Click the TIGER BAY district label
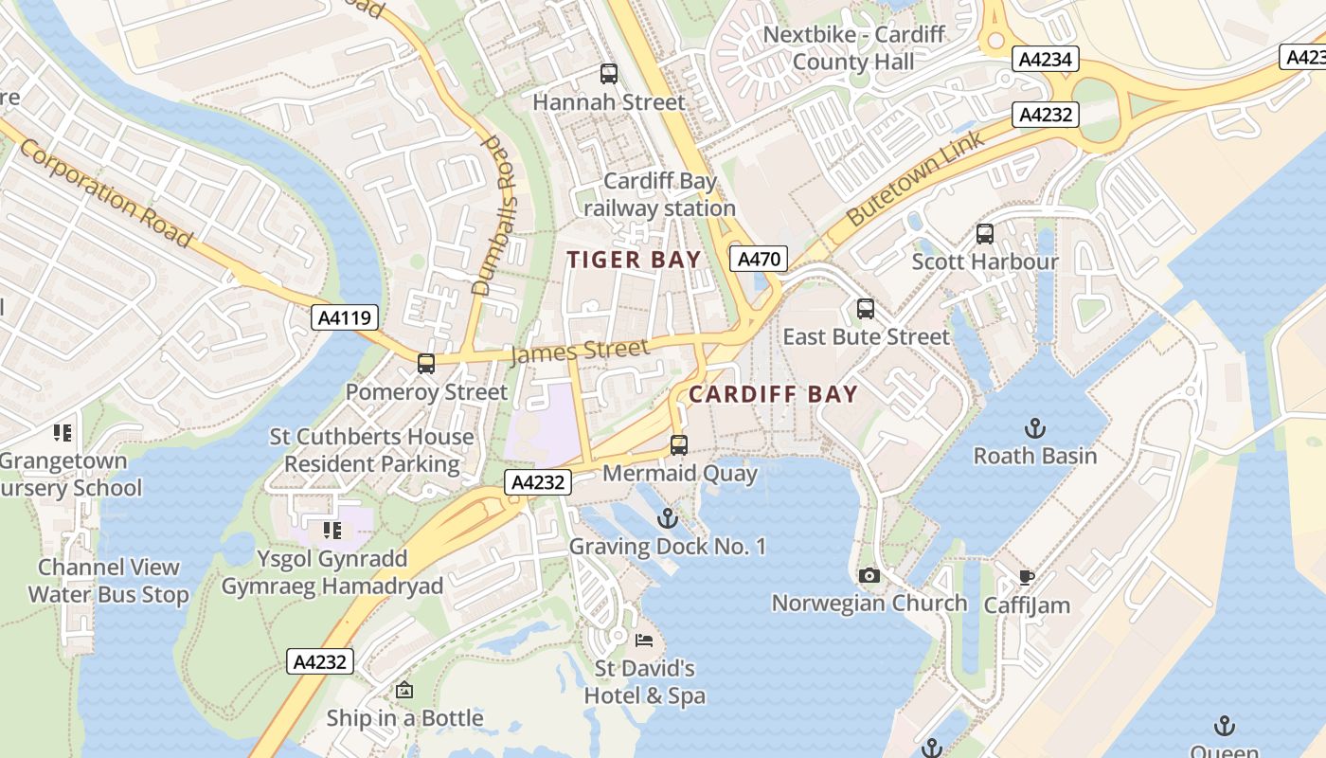634,260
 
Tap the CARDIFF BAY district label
773,394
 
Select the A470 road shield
758,259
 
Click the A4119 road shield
346,317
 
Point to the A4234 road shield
1046,59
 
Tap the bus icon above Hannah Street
609,74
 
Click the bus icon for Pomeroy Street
426,364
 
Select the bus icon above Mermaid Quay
679,445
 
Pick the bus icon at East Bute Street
866,309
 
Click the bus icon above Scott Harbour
985,234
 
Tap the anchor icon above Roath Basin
1035,428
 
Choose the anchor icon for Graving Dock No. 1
668,518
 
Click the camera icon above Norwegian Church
869,575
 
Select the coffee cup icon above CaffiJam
1027,577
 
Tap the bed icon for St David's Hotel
644,641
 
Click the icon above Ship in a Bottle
404,690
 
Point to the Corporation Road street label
105,192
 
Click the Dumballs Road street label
499,214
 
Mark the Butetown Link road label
916,178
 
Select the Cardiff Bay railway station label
660,194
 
